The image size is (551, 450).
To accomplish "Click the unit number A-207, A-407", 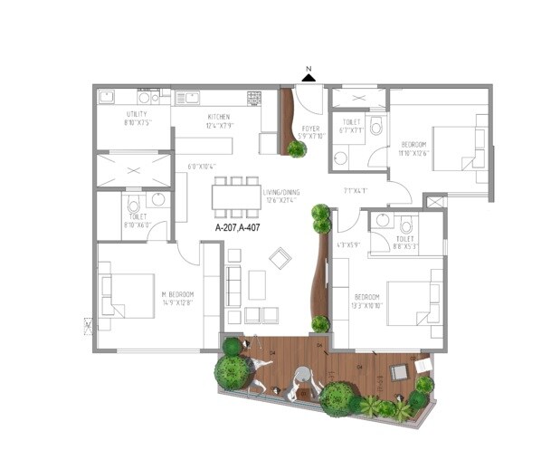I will click(x=239, y=229).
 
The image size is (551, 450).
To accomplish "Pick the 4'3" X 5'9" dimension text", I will click(x=348, y=244).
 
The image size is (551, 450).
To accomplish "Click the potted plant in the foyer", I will click(x=296, y=148).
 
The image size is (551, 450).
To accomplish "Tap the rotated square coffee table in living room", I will click(x=280, y=259).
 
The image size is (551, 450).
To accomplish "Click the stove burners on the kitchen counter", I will click(x=254, y=96).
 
